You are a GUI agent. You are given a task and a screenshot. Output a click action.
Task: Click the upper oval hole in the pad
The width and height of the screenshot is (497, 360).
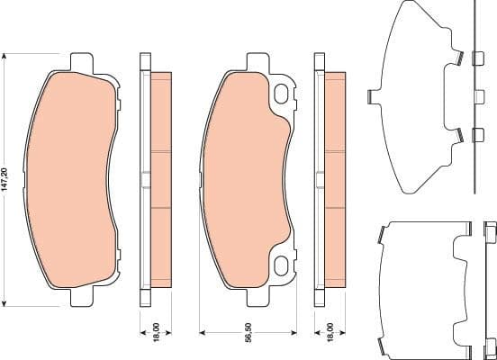click(283, 93)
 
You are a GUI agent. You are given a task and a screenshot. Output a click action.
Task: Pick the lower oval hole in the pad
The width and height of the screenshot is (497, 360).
click(283, 264)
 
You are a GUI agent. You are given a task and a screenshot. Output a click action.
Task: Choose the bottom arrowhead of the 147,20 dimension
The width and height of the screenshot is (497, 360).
click(7, 304)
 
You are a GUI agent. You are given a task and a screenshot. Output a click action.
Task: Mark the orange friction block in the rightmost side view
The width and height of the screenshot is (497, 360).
click(332, 180)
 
